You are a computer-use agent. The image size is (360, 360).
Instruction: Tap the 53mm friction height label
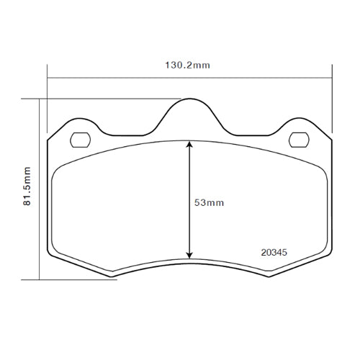[210, 203]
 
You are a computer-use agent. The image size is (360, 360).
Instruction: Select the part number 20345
[273, 253]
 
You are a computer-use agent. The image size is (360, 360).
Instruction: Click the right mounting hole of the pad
[297, 139]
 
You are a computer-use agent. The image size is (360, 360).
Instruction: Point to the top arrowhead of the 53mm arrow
[189, 144]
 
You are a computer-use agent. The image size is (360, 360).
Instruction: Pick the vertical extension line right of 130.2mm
[331, 101]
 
